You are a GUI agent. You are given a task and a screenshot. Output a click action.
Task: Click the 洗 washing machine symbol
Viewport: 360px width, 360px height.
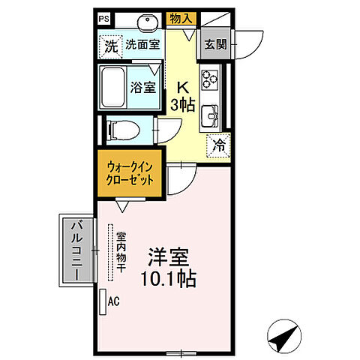tap(110, 45)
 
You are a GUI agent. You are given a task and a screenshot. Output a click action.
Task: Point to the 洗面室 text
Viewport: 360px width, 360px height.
tap(142, 45)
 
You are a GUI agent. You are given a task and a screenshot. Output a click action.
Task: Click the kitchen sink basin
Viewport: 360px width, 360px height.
tap(209, 114)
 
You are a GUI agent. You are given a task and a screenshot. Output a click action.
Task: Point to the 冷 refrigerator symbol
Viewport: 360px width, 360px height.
tap(218, 145)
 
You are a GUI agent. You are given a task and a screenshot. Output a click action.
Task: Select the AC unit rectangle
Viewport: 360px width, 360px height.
tap(103, 301)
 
